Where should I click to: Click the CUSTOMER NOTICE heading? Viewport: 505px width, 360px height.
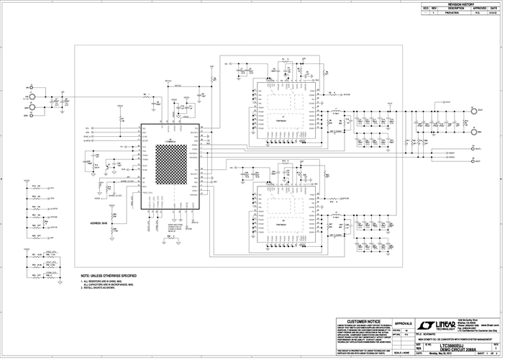tap(364, 320)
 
